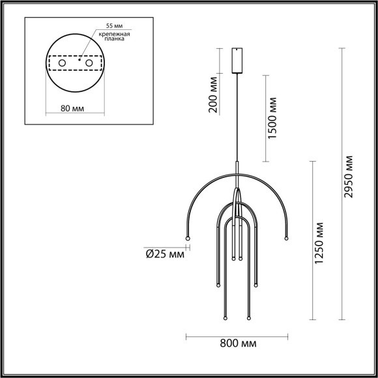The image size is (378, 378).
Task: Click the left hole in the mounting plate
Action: (63, 63)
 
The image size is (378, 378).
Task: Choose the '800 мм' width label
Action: (237, 343)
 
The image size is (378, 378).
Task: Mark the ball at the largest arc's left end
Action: (188, 238)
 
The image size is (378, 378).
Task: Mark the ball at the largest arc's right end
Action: (286, 238)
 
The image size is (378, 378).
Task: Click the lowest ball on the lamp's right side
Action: (248, 318)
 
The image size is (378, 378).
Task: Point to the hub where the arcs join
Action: (237, 196)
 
